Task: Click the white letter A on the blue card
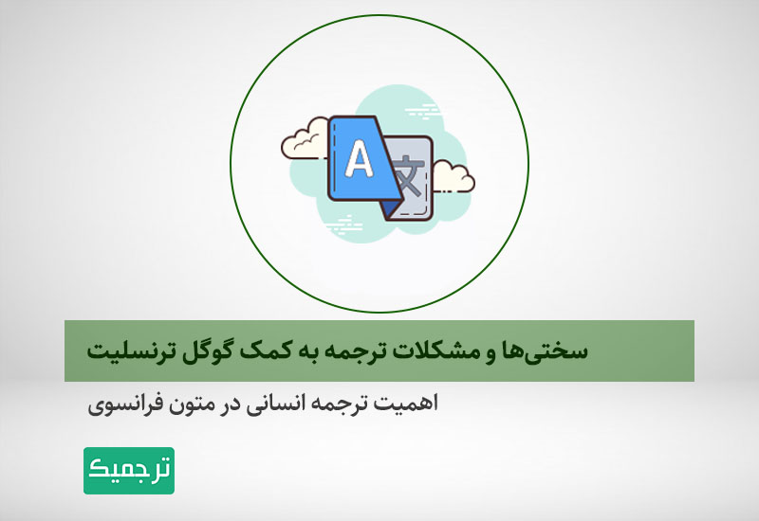pos(359,159)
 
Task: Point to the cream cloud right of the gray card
pos(454,177)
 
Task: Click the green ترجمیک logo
pos(129,470)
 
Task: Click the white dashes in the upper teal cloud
pos(423,111)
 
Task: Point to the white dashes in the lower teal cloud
pos(344,225)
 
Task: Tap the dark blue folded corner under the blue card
pos(390,209)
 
